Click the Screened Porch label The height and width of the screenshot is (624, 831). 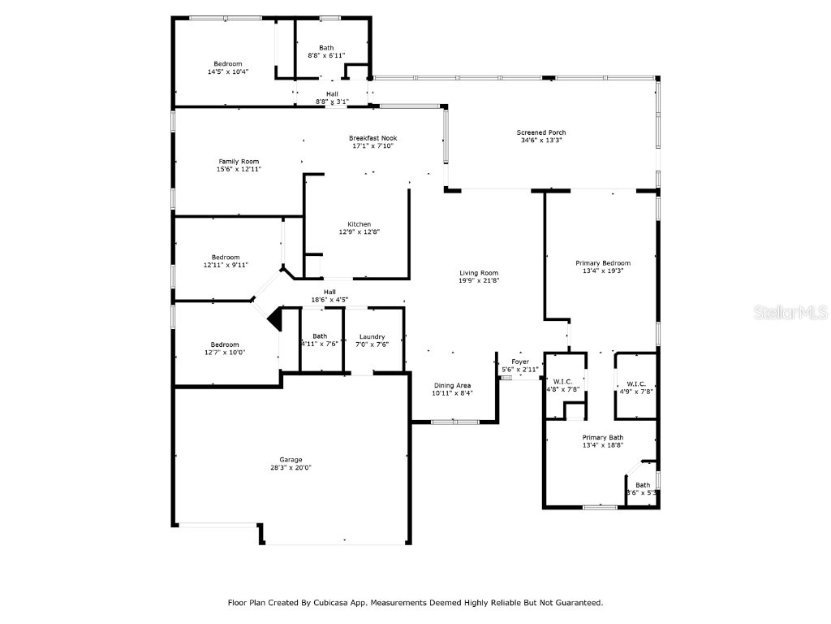pos(541,132)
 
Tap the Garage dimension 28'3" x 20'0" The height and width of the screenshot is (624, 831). pos(291,468)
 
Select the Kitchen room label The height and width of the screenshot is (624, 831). pos(360,224)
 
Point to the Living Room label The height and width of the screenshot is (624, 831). pos(479,273)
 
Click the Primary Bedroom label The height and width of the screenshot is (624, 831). pos(603,263)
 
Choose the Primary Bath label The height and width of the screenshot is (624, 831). pos(603,437)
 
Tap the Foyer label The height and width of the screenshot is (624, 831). pos(520,362)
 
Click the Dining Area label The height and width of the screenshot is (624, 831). pos(452,385)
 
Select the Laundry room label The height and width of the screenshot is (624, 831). pos(372,336)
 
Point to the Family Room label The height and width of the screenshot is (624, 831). pos(239,162)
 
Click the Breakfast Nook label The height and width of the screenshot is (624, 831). pos(373,138)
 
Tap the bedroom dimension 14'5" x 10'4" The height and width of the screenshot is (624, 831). pos(228,71)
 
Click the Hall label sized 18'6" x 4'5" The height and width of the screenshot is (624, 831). pos(329,292)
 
